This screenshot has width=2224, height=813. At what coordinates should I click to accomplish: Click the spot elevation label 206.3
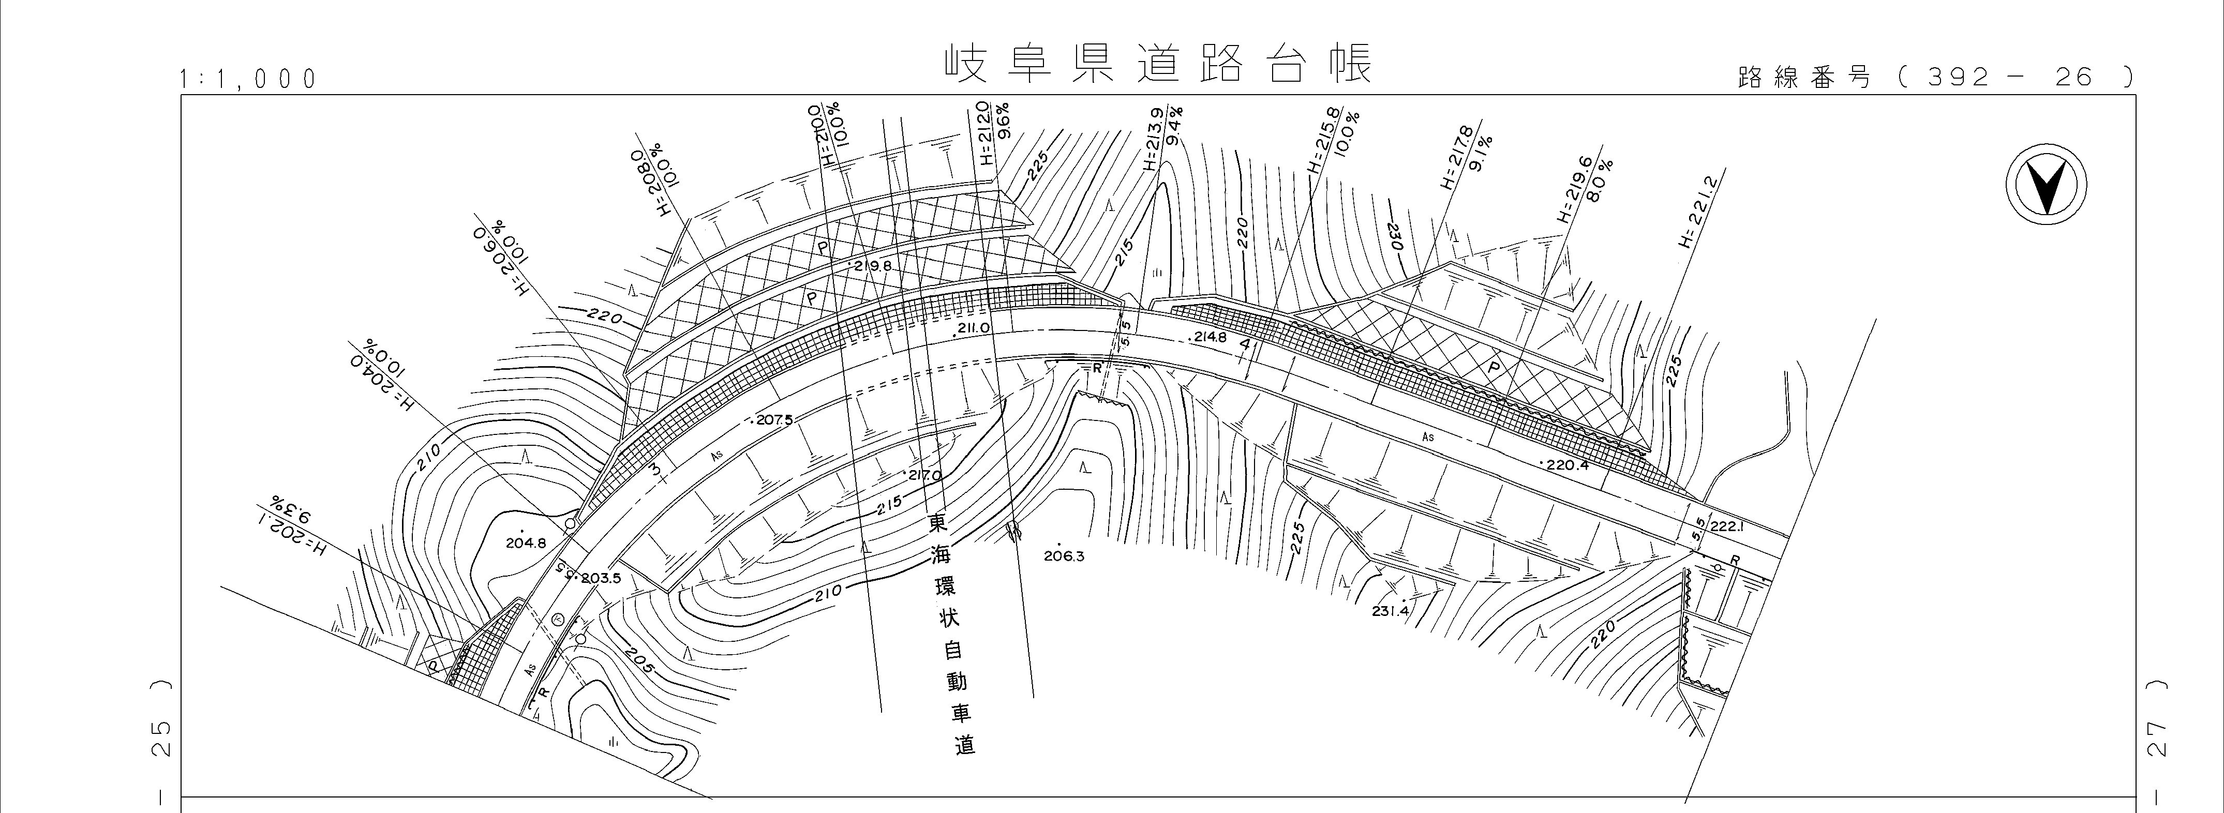point(1064,556)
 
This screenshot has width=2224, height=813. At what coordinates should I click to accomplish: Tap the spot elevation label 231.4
point(1390,611)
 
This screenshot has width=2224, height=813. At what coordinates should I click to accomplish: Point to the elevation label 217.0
point(922,476)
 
